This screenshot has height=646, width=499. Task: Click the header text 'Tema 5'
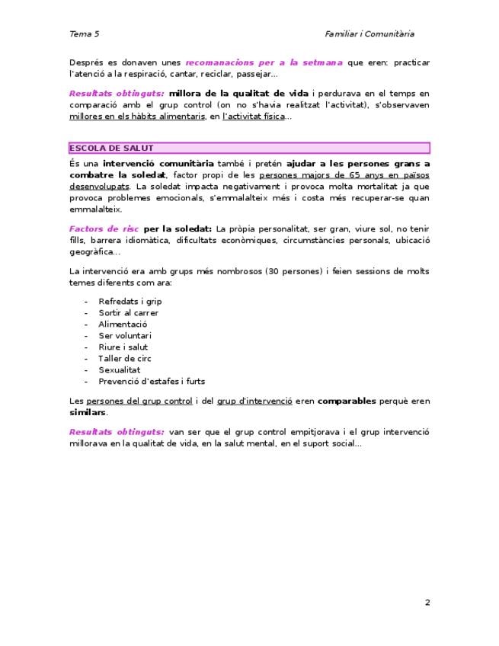84,34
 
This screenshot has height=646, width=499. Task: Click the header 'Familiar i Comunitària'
369,34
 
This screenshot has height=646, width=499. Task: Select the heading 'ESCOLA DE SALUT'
111,148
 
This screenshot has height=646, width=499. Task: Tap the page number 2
427,603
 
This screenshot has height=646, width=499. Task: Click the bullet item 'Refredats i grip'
130,301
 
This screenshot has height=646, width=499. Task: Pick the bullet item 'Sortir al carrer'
128,312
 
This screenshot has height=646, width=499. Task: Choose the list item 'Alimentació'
123,324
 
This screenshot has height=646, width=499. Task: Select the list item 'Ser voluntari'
125,335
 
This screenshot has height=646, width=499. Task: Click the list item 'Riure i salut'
123,347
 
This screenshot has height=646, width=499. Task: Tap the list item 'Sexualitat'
120,369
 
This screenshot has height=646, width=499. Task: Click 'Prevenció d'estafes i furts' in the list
152,381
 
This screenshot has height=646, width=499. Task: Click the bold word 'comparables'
347,400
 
